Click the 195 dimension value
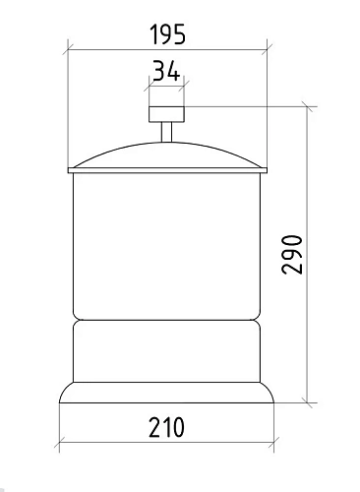(x=167, y=34)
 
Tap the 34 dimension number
(x=166, y=70)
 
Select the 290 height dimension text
(x=292, y=254)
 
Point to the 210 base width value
(x=166, y=427)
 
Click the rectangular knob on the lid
(x=166, y=114)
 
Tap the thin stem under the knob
(x=166, y=132)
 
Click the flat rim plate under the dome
(x=167, y=170)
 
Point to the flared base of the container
(x=166, y=393)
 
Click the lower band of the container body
(x=166, y=351)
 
